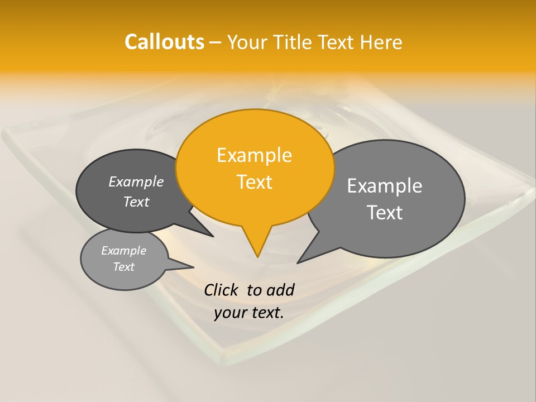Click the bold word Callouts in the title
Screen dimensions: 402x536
point(164,42)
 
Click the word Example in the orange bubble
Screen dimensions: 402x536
point(255,155)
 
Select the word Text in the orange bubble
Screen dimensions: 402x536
point(255,182)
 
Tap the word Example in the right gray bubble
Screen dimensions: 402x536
point(385,185)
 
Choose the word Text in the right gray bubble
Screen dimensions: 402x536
point(385,212)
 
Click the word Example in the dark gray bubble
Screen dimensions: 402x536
point(136,181)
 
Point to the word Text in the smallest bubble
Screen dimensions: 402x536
point(124,267)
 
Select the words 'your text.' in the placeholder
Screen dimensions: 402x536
point(249,313)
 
